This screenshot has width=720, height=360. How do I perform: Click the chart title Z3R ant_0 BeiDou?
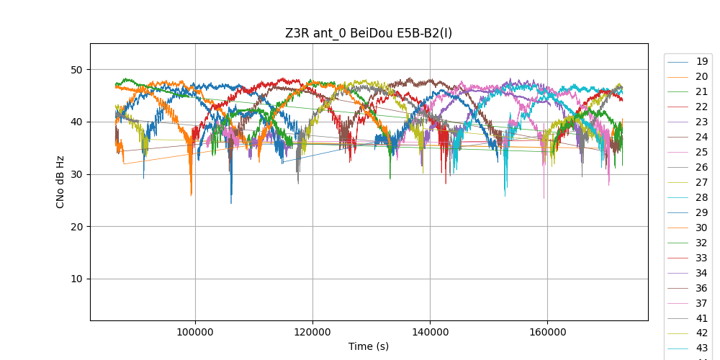tap(369, 33)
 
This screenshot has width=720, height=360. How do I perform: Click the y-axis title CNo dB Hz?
tap(60, 181)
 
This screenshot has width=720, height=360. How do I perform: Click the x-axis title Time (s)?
tap(369, 346)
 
